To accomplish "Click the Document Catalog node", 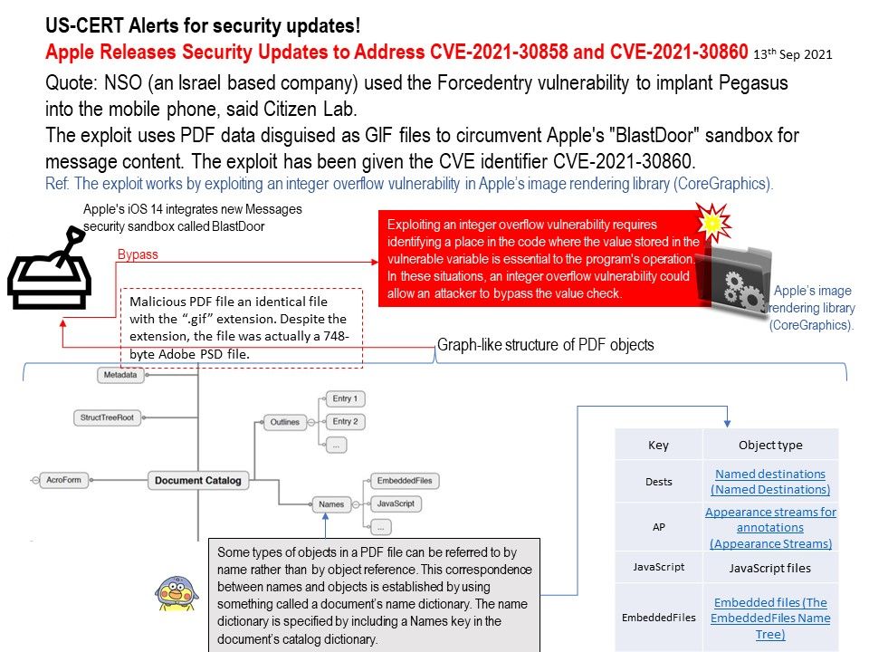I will click(x=192, y=481).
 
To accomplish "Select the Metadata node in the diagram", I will click(x=121, y=374).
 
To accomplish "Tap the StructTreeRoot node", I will click(x=108, y=418).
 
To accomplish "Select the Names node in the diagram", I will click(x=331, y=503).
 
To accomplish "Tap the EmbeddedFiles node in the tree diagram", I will click(x=404, y=481).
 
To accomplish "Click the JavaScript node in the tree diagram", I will click(x=396, y=503).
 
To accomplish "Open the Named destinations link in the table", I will click(x=769, y=481).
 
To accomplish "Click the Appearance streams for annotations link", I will click(x=770, y=527).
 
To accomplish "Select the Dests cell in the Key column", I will click(x=658, y=480).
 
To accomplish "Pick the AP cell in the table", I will click(x=658, y=527).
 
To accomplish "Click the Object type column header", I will click(x=769, y=445).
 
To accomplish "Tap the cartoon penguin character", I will click(x=177, y=594).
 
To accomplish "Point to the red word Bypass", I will click(x=138, y=255).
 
